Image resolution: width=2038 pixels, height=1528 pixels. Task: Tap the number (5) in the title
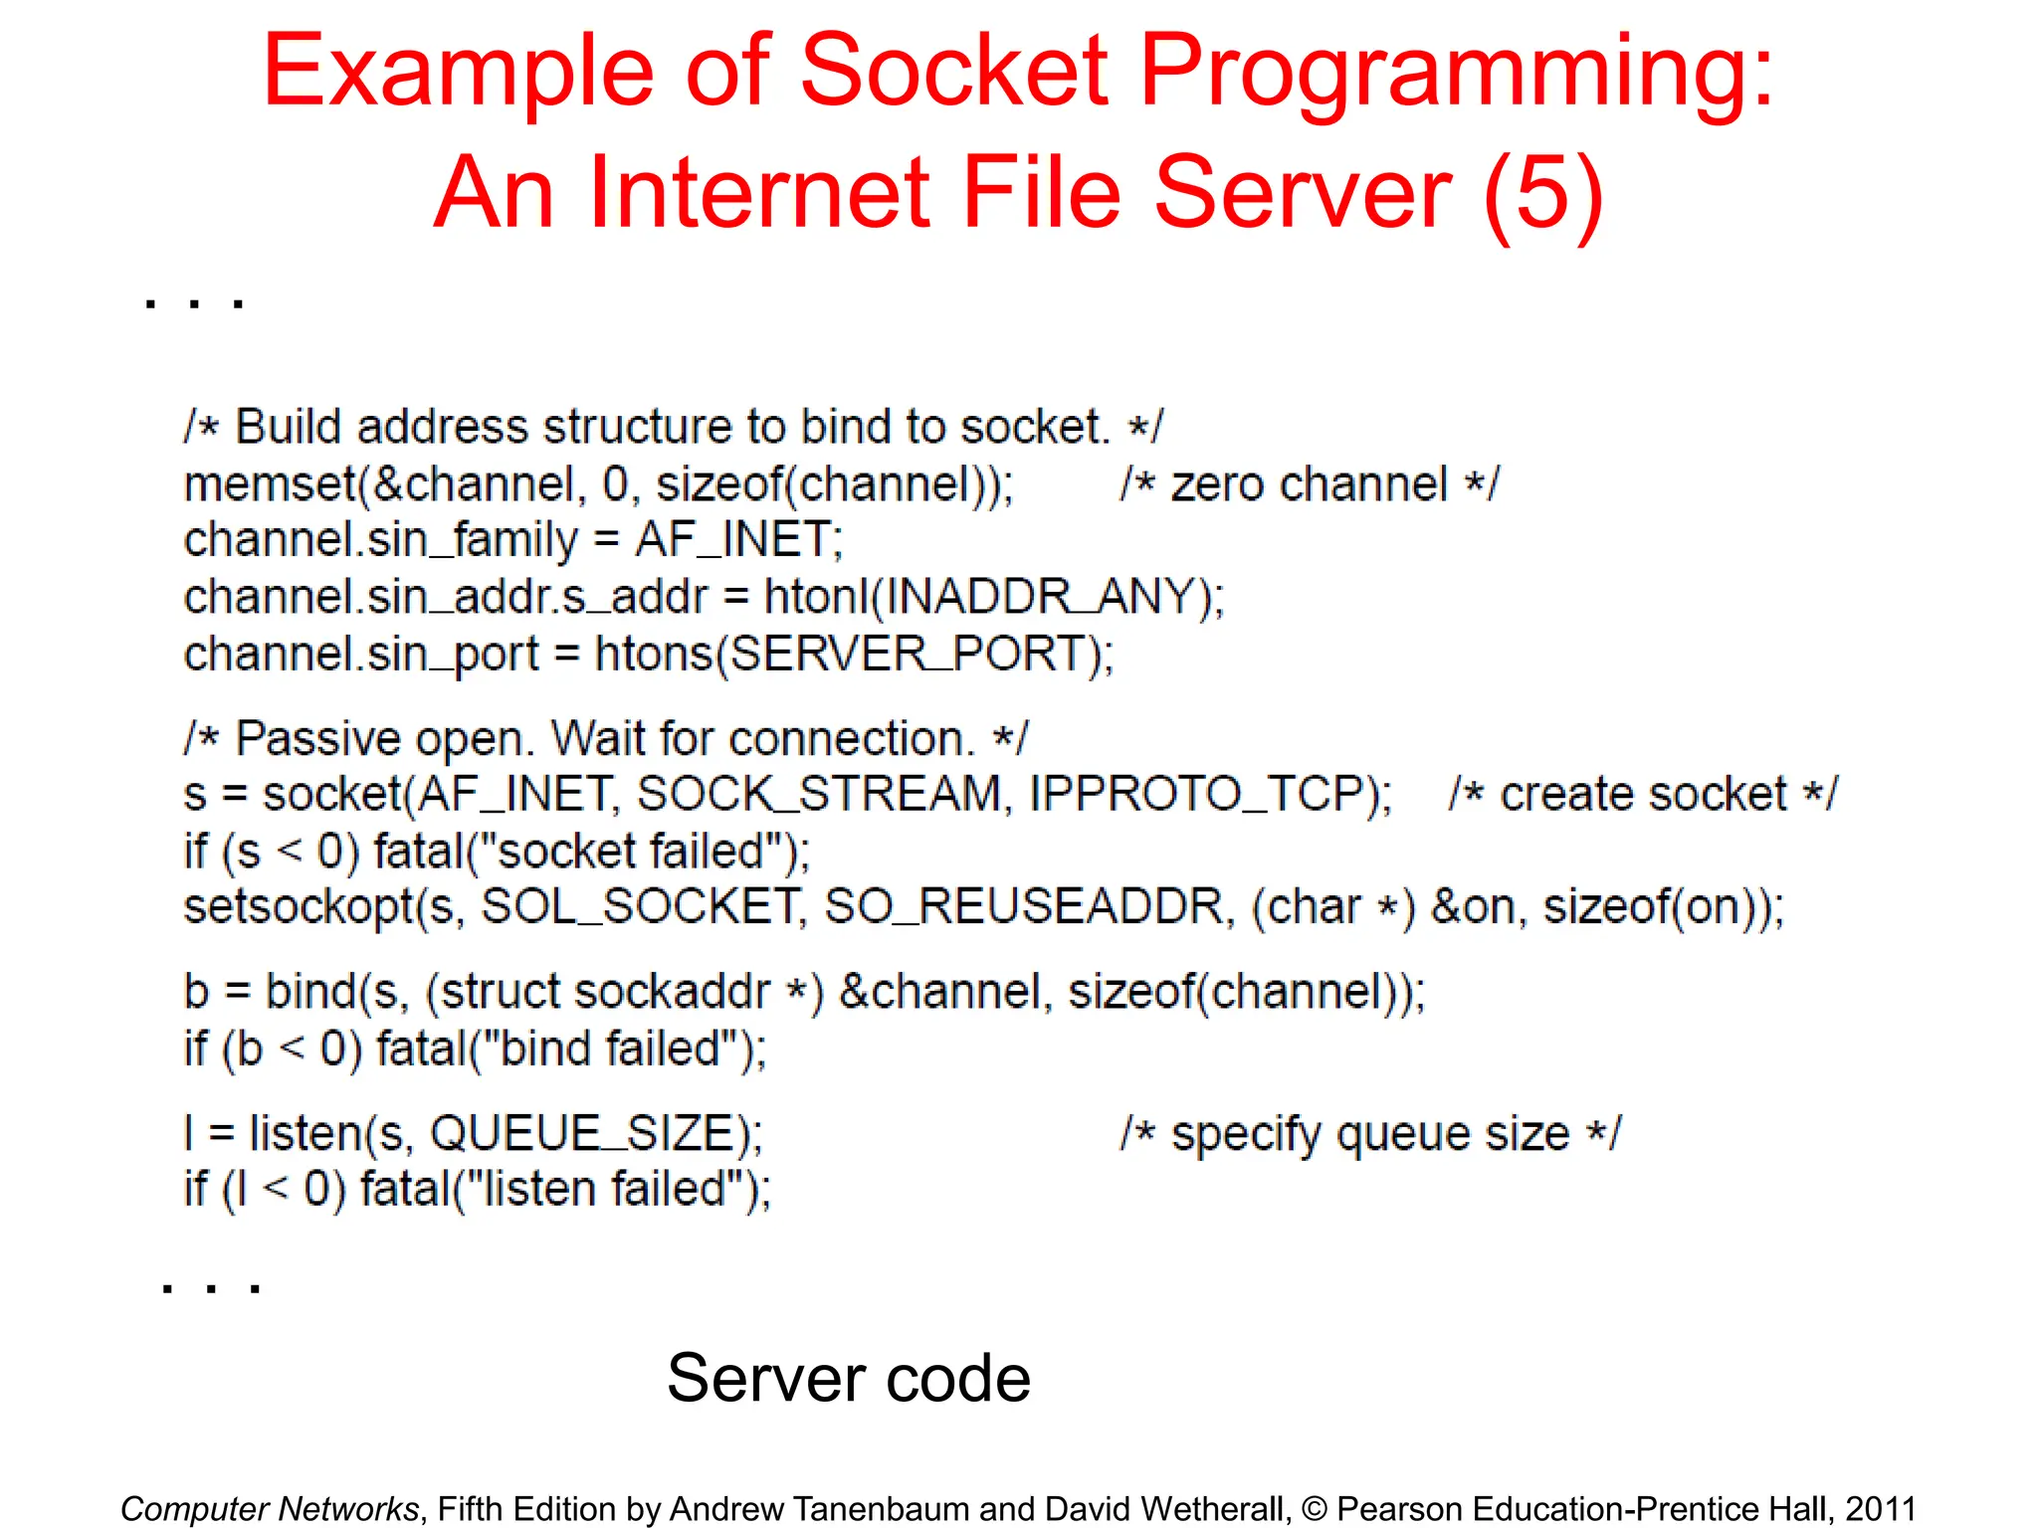click(x=1542, y=192)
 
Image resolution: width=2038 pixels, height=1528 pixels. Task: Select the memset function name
click(x=270, y=484)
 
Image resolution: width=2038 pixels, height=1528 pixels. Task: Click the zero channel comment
click(x=1309, y=484)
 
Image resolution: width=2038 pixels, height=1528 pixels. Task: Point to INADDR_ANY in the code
click(x=1039, y=597)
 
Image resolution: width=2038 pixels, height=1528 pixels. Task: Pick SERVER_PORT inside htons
click(x=909, y=655)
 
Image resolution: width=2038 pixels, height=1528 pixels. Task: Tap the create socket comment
click(x=1643, y=794)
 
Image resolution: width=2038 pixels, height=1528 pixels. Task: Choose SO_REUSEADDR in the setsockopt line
click(x=1024, y=907)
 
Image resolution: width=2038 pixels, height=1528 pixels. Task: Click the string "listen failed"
click(x=612, y=1189)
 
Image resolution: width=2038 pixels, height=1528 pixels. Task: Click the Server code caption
click(x=848, y=1378)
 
